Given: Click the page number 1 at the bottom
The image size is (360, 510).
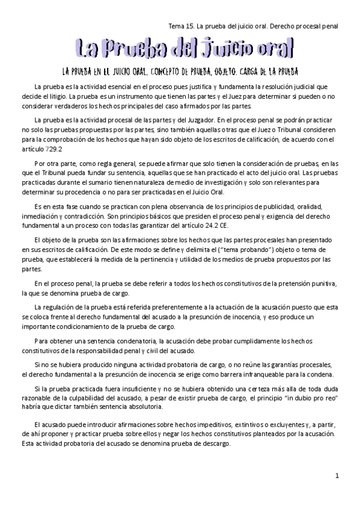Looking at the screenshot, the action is (x=337, y=476).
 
